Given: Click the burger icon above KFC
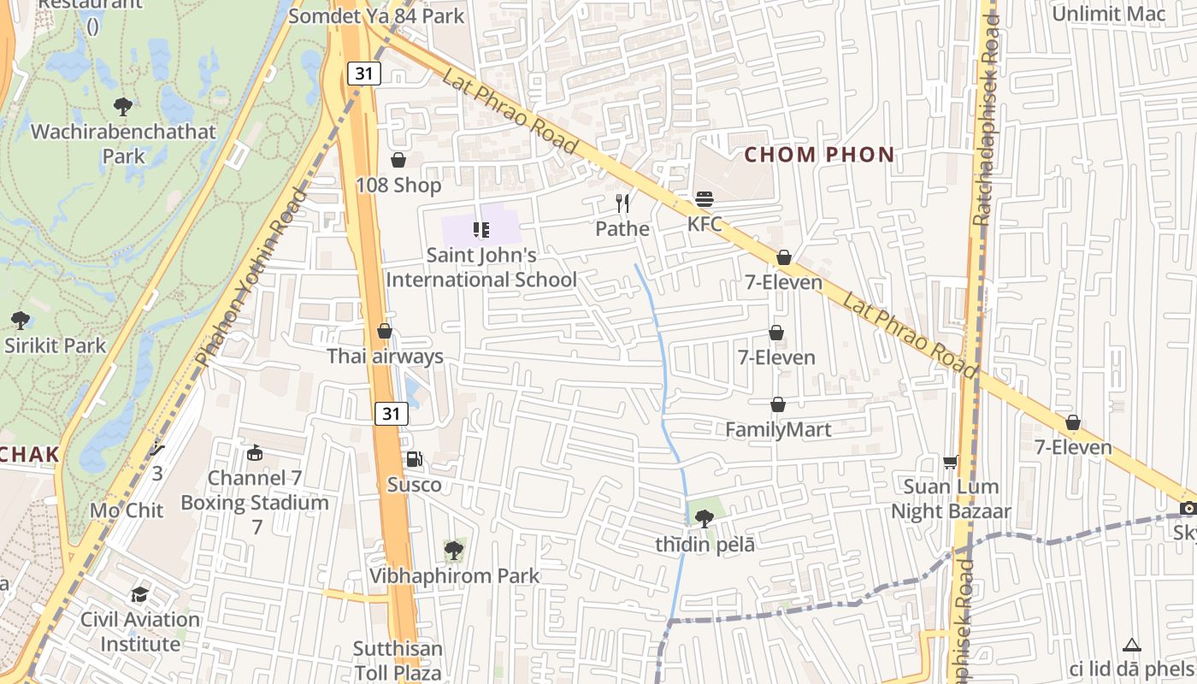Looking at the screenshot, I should [705, 199].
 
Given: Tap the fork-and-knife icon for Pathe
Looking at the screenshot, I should [622, 203].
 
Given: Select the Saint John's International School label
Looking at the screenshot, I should [481, 267].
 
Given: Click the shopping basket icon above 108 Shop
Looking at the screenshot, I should [398, 160].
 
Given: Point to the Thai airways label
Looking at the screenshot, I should [386, 356].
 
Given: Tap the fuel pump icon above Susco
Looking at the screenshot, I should [415, 460].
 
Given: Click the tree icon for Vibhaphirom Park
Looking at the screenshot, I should [454, 551].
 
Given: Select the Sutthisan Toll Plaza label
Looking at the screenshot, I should [398, 661].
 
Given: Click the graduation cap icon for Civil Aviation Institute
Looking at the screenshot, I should [139, 594].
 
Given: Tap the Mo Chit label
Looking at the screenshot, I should [126, 510].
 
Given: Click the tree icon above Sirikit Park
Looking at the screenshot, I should [21, 321].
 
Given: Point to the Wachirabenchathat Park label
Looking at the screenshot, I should [124, 144].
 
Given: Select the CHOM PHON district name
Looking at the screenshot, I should [819, 155].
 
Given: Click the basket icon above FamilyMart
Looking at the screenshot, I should [778, 404].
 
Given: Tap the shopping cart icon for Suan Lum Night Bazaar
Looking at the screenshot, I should [950, 463].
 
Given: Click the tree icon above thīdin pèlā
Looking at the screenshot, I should [705, 518].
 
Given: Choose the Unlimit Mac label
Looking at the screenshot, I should [1108, 14].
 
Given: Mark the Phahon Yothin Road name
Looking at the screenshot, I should [252, 278].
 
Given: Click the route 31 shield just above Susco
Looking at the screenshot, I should [391, 414].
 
